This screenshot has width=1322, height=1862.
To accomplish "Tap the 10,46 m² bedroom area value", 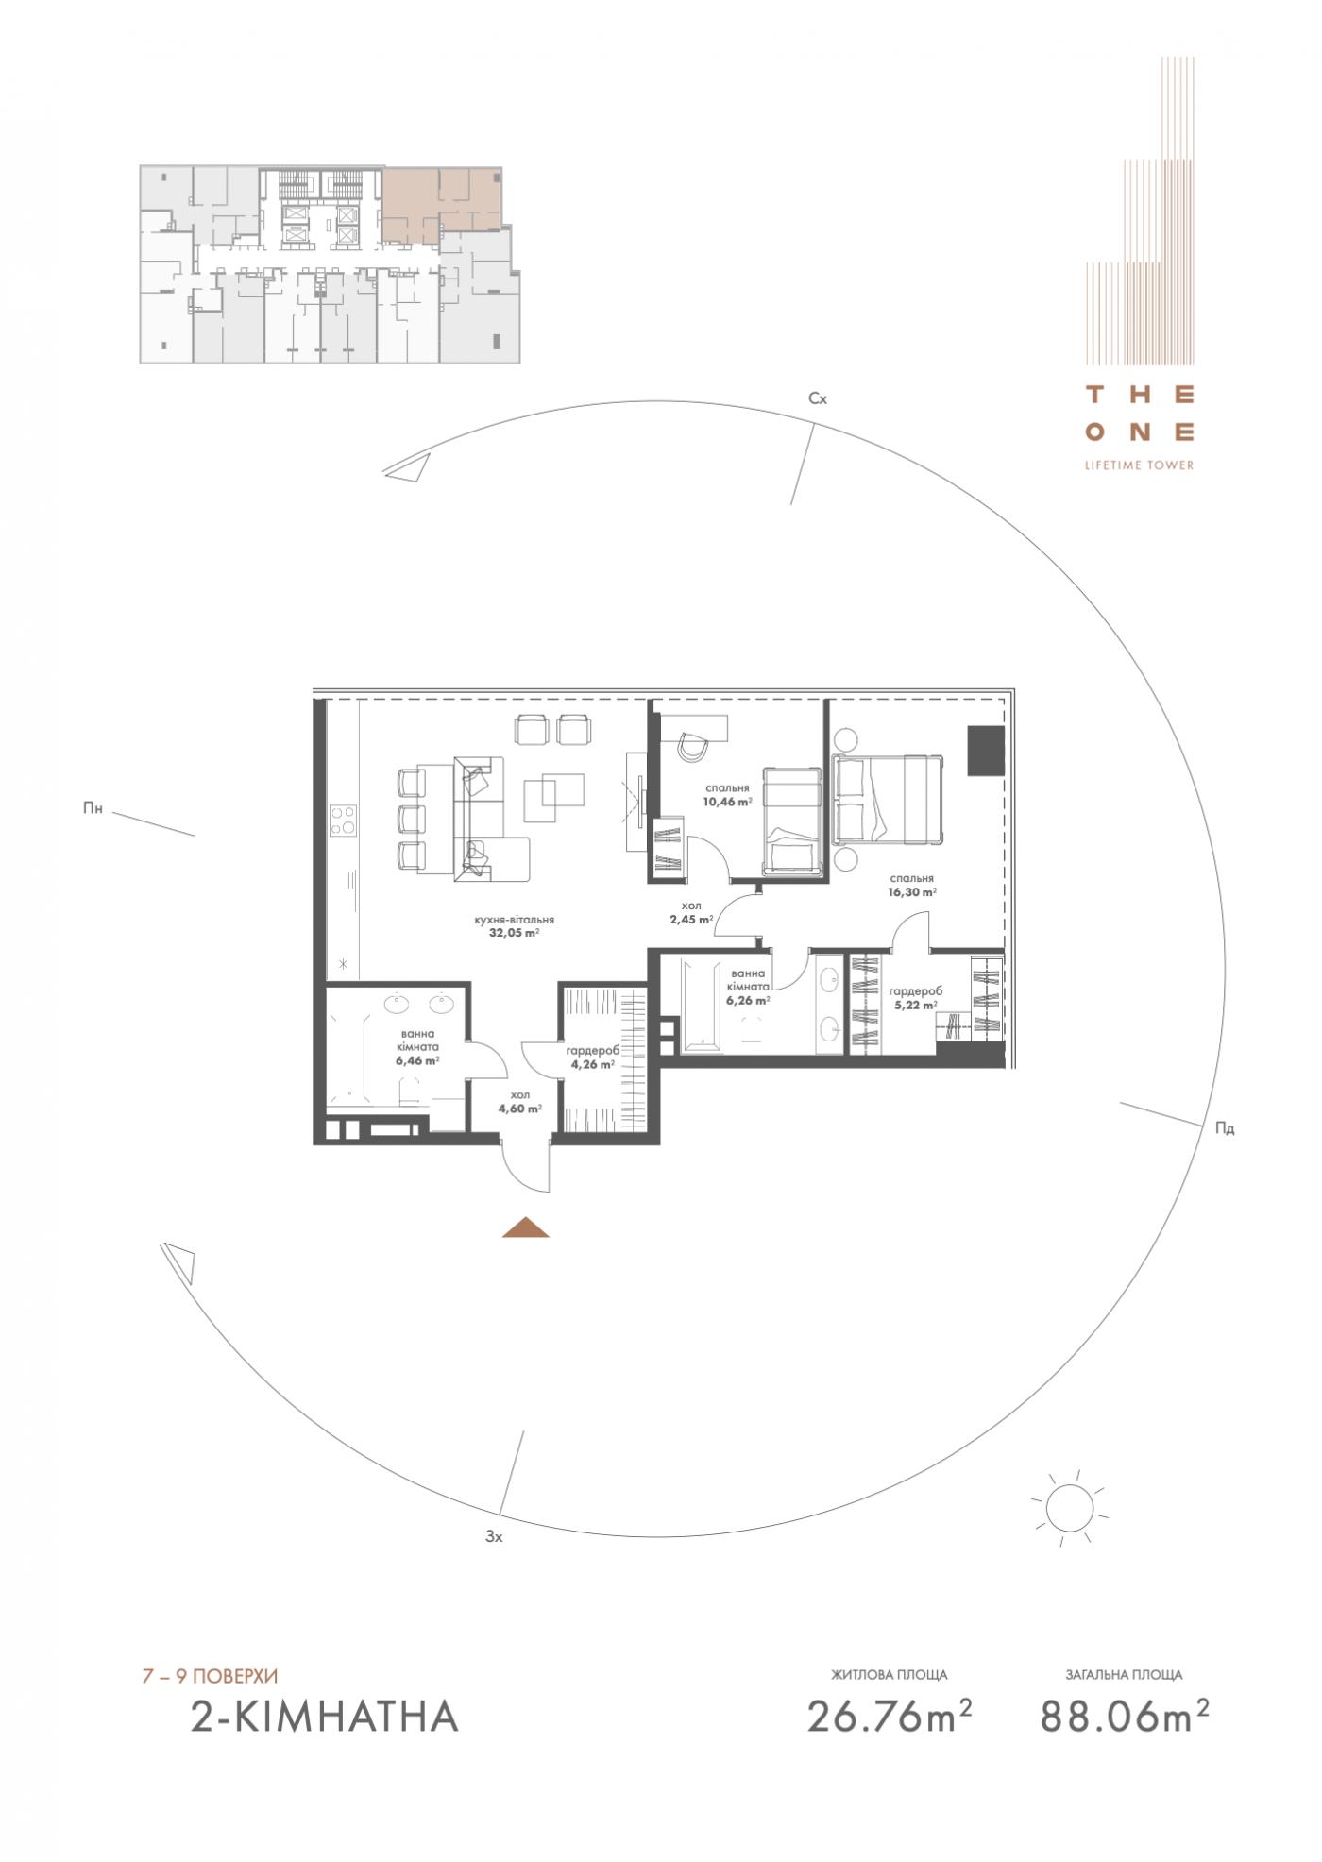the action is coord(727,802).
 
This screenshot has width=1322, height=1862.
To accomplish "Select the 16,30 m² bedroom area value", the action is coord(911,891).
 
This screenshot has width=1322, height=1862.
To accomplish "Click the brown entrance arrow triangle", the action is coord(526,1227).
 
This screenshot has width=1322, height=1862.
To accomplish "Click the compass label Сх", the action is coord(818,398).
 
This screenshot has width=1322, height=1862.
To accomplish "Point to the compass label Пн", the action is coord(93,807).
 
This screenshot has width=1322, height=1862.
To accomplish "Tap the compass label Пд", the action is coord(1225,1128).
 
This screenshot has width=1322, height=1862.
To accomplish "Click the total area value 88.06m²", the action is coord(1125,1716).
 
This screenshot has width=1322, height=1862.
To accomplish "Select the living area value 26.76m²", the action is coord(890,1716).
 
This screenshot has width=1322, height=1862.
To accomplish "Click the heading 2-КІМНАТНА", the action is coord(325,1717).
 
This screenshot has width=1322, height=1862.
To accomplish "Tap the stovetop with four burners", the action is coord(341,819).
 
